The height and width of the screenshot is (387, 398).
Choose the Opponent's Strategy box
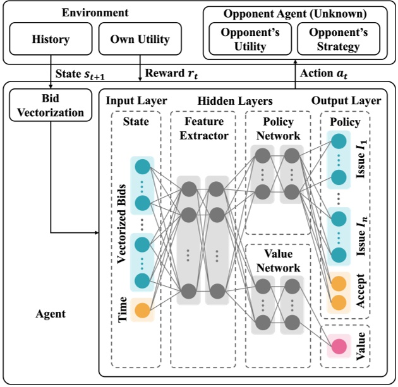pos(339,39)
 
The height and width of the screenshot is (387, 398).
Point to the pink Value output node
pos(339,347)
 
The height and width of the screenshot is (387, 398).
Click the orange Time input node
pos(142,311)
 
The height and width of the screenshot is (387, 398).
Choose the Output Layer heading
pos(346,100)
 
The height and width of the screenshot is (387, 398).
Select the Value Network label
pos(279,261)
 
